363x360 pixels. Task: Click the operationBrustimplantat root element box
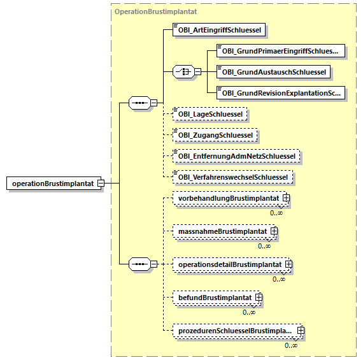[53, 184]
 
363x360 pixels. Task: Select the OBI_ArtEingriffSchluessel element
[219, 30]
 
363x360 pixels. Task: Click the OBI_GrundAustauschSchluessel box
[273, 72]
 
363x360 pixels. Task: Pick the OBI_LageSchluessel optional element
[210, 114]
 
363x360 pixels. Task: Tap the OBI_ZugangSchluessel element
[215, 135]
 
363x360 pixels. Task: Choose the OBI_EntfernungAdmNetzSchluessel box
[236, 156]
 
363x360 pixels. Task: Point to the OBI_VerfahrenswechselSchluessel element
[232, 177]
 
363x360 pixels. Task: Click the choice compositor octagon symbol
[183, 72]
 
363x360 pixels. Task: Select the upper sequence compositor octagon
[139, 103]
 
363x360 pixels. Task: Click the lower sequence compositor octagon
[139, 264]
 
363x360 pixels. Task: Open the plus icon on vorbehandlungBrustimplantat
[286, 198]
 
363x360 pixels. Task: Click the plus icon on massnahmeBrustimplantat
[274, 231]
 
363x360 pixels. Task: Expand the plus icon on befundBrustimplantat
[259, 297]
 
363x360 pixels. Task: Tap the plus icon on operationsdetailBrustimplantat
[288, 264]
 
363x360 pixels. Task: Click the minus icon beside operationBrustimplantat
[101, 184]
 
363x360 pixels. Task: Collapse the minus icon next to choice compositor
[197, 72]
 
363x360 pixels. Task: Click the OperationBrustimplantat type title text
[155, 11]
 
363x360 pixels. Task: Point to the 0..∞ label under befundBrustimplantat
[249, 312]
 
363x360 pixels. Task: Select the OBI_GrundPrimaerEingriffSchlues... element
[281, 51]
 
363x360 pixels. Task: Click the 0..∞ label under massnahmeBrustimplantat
[264, 246]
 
